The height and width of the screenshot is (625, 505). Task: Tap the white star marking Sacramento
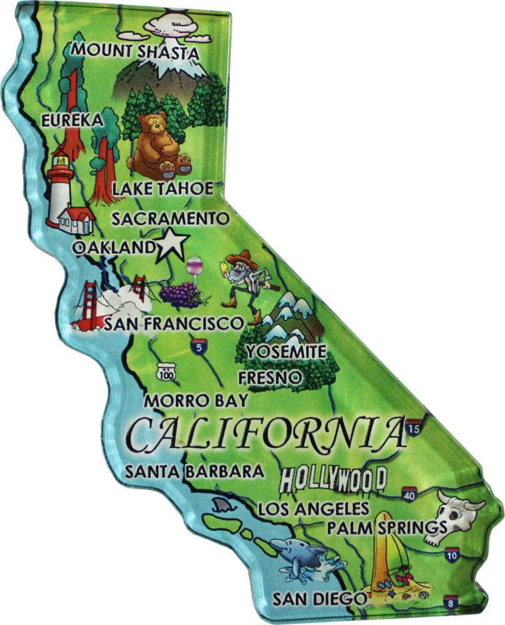[x=170, y=245]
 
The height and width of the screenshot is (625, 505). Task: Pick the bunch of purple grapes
[x=180, y=294]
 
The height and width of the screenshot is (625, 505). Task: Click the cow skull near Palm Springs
[x=459, y=513]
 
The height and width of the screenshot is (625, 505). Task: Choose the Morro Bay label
[x=195, y=401]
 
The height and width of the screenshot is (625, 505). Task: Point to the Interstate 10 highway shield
[x=452, y=554]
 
